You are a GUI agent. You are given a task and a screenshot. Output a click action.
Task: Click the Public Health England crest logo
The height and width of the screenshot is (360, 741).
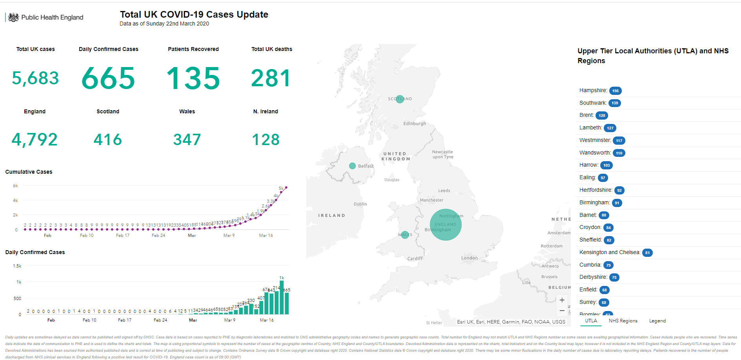tap(13, 17)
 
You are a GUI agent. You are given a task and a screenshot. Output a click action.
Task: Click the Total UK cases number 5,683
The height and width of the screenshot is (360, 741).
tap(35, 78)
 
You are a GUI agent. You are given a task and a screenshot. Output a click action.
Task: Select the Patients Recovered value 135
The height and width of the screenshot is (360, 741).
tap(193, 78)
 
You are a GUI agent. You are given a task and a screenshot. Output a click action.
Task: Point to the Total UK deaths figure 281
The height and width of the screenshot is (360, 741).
tap(271, 78)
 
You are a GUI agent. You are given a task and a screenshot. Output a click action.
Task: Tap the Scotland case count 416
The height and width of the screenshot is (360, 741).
tap(108, 140)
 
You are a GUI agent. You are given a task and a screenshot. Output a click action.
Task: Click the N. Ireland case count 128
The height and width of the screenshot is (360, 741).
tap(266, 140)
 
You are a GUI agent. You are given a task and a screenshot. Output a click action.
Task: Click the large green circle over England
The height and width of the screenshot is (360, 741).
tap(446, 225)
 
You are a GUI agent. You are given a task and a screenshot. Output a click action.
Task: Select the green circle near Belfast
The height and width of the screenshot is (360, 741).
tap(352, 166)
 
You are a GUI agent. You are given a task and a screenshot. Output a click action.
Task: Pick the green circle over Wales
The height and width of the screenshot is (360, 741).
tap(405, 235)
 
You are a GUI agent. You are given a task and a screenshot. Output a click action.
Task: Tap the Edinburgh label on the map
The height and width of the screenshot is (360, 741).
tap(414, 124)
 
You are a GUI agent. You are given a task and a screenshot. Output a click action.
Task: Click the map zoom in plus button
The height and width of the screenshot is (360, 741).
tap(562, 300)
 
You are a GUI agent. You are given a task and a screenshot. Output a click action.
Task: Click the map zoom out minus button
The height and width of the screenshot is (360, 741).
tap(562, 311)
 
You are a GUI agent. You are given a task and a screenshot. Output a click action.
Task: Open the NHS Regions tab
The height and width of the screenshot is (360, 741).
tap(623, 321)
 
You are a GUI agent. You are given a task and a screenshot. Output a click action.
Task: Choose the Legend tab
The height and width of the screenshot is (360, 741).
tap(657, 321)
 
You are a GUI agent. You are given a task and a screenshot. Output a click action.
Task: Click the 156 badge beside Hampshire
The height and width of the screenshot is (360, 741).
tap(616, 91)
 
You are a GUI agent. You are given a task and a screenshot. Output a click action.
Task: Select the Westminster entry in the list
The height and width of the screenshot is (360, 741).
tap(595, 140)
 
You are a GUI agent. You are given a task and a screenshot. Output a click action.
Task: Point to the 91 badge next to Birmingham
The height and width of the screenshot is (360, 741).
tap(617, 203)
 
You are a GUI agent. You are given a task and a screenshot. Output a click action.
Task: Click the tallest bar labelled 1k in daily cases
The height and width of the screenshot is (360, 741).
tap(282, 297)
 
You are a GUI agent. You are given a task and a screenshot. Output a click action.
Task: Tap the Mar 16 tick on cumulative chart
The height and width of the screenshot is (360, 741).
tap(266, 235)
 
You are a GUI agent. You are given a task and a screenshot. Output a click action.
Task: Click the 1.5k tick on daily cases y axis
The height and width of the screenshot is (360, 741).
tap(17, 266)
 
